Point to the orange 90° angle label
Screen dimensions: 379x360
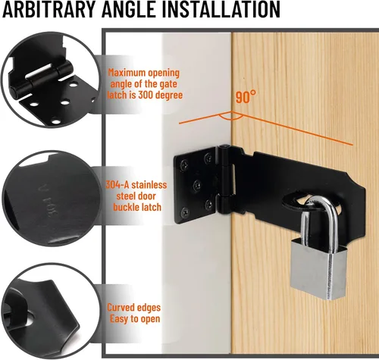pyautogui.click(x=246, y=96)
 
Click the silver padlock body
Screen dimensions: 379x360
pyautogui.click(x=318, y=268)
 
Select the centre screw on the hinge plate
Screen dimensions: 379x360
pyautogui.click(x=197, y=186)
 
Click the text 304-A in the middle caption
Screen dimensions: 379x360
pyautogui.click(x=117, y=185)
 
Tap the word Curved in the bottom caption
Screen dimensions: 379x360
pyautogui.click(x=120, y=308)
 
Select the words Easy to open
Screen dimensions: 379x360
pyautogui.click(x=135, y=319)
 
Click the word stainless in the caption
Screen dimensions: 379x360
pyautogui.click(x=149, y=185)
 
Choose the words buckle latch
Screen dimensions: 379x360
pyautogui.click(x=137, y=207)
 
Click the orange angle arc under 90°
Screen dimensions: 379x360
pyautogui.click(x=231, y=117)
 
